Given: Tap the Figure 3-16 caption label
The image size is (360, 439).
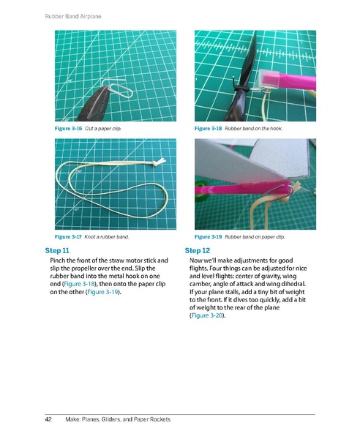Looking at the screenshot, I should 69,129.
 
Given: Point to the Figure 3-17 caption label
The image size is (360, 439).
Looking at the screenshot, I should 69,238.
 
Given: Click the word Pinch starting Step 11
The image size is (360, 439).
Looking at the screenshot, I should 59,260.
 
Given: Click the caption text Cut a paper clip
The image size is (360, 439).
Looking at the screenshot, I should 103,129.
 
